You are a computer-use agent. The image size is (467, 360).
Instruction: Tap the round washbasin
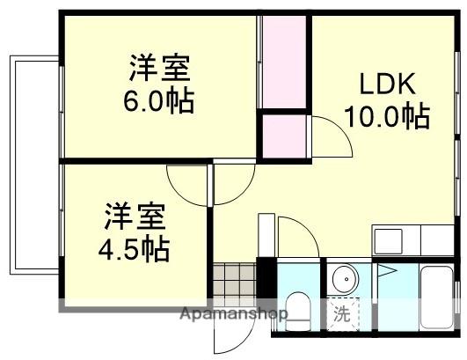point(346,281)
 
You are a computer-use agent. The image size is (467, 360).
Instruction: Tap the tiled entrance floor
point(234,282)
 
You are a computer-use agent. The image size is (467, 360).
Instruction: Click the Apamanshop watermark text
point(233,314)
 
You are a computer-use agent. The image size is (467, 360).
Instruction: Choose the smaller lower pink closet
point(283,136)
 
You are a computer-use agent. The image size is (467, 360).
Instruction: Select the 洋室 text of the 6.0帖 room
point(159,67)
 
